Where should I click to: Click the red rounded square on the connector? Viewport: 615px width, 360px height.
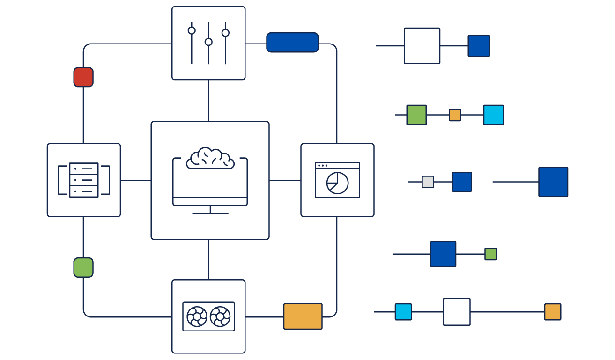(x=83, y=77)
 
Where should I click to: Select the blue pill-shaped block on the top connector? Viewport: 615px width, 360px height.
(x=292, y=43)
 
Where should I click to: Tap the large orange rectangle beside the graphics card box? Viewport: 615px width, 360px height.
(x=303, y=316)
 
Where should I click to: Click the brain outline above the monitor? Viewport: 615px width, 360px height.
(x=210, y=158)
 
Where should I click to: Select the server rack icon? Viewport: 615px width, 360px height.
(x=84, y=180)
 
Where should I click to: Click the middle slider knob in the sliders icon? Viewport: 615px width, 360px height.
(x=208, y=42)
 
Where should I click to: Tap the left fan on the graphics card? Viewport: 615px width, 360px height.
(x=197, y=316)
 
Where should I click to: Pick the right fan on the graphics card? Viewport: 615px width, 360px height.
(x=220, y=316)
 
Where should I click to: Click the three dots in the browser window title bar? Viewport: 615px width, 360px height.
(x=322, y=166)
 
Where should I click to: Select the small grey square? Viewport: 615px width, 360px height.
(x=428, y=182)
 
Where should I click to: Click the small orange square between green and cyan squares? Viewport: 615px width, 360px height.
(x=455, y=115)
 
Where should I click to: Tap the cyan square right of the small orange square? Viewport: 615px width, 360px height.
(x=493, y=115)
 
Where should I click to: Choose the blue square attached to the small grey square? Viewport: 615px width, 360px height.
(x=462, y=182)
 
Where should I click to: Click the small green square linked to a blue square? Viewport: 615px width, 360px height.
(x=490, y=254)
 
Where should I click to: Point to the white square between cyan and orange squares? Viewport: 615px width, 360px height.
(x=457, y=312)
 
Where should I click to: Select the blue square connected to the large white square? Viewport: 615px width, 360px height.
(x=479, y=46)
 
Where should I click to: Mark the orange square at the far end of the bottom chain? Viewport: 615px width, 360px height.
(x=552, y=312)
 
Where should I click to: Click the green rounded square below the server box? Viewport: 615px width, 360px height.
(x=83, y=267)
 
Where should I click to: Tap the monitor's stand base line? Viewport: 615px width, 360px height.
(x=210, y=213)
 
